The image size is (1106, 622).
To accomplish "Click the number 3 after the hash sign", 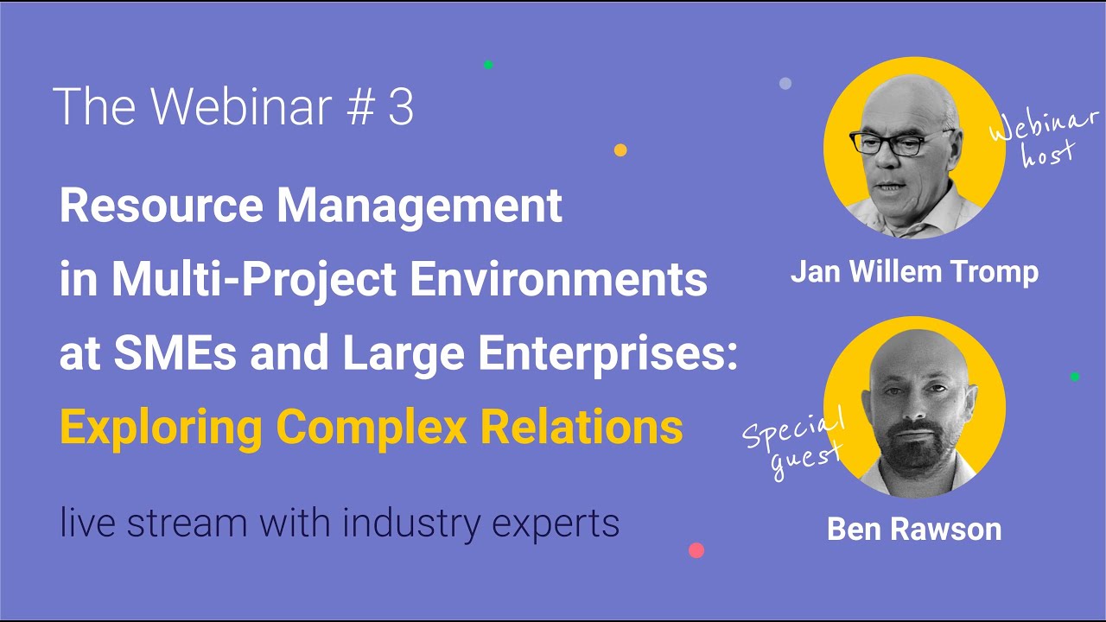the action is (x=400, y=106).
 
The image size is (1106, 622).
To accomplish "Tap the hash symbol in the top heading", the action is (x=360, y=106).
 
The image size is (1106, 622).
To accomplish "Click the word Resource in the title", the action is (x=162, y=206).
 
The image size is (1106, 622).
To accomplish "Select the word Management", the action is (x=419, y=208).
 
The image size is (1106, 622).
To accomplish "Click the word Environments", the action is (x=558, y=279).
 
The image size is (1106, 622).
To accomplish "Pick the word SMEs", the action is (x=175, y=352).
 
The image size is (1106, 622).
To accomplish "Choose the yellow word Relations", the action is (x=582, y=427).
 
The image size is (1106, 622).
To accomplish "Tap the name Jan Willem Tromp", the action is (x=914, y=273).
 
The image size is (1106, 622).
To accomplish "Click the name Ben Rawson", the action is (x=914, y=529).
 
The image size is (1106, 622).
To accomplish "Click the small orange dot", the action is (x=620, y=150).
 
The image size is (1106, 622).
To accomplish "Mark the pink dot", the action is (x=696, y=550).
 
